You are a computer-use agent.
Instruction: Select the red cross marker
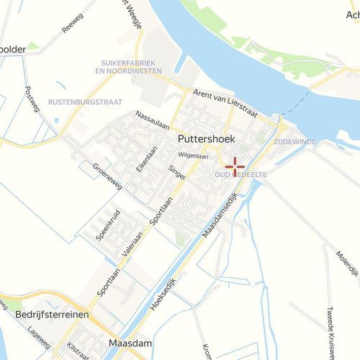click(235, 167)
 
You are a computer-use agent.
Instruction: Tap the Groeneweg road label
click(107, 176)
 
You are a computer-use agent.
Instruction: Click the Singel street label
click(177, 174)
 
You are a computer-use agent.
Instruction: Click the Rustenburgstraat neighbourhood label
click(85, 103)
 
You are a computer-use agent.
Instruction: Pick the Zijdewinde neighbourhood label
click(295, 143)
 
